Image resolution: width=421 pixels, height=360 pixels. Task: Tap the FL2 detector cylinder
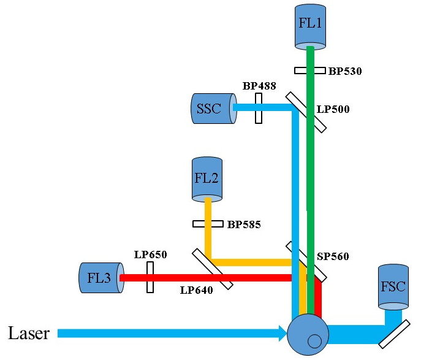pos(207,179)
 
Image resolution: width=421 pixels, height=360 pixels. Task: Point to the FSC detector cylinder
pos(393,286)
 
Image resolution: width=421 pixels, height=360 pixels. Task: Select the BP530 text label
pos(345,72)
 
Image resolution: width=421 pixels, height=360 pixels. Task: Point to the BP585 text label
pos(244,225)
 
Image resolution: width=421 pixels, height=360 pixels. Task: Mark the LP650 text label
pos(150,254)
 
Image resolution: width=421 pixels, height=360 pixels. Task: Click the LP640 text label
pos(196,291)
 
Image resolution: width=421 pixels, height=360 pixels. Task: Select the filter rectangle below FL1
pos(310,71)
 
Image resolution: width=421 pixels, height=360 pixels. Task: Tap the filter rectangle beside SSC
pos(259,108)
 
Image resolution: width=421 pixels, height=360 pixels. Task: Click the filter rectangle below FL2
pos(208,224)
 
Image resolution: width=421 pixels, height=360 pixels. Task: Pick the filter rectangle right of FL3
pos(150,278)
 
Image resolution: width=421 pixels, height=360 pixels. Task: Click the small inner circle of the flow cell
pos(314,341)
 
